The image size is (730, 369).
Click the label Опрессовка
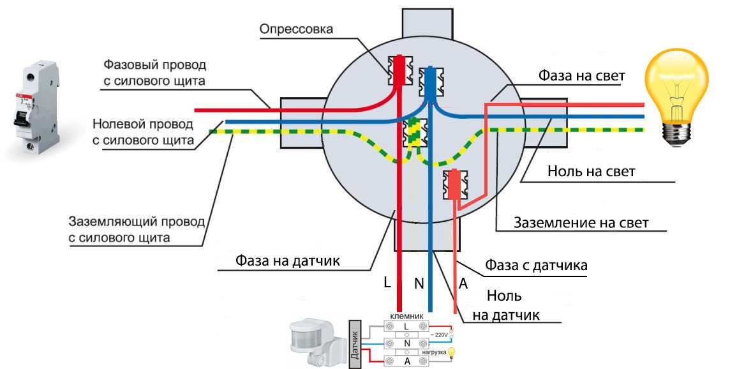(x=297, y=29)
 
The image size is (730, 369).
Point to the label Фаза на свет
(x=581, y=76)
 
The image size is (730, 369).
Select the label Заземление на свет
(x=581, y=223)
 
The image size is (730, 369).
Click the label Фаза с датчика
(x=536, y=264)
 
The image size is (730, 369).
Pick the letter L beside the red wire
(x=387, y=282)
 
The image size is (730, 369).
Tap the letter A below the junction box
(x=463, y=284)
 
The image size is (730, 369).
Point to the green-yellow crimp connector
(x=415, y=133)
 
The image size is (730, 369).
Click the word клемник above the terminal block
(x=406, y=315)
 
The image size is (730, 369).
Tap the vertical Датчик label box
(x=355, y=345)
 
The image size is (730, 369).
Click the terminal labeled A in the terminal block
(x=406, y=361)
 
